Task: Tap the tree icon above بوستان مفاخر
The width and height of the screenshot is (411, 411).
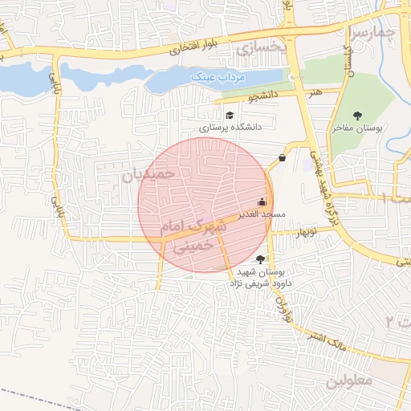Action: pyautogui.click(x=358, y=116)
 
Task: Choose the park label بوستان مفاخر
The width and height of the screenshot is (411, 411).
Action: pyautogui.click(x=359, y=128)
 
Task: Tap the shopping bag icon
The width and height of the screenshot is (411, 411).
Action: pyautogui.click(x=282, y=157)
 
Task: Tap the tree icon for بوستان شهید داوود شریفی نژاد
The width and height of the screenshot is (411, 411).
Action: pyautogui.click(x=258, y=258)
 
